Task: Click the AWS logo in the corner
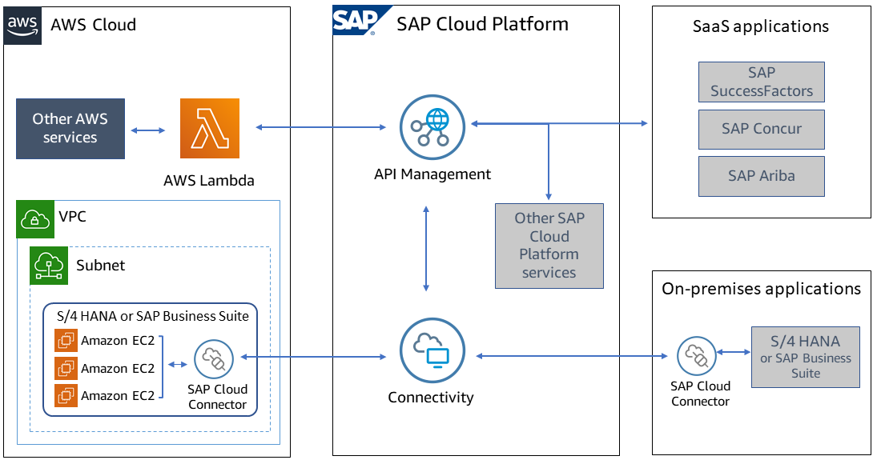coord(22,24)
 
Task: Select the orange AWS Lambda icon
coord(210,129)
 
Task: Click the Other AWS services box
coord(70,129)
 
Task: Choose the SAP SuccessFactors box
coord(761,82)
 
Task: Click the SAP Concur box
coord(761,129)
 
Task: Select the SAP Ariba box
coord(761,176)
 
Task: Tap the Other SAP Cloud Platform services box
coord(549,246)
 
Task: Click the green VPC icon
coord(35,219)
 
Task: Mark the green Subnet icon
coord(49,266)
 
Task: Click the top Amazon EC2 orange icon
coord(66,341)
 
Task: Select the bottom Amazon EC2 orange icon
coord(66,395)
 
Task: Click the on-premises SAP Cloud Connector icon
coord(696,356)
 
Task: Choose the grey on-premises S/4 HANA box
coord(805,357)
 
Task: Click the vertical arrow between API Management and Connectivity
coord(426,248)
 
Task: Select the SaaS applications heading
coord(760,26)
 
